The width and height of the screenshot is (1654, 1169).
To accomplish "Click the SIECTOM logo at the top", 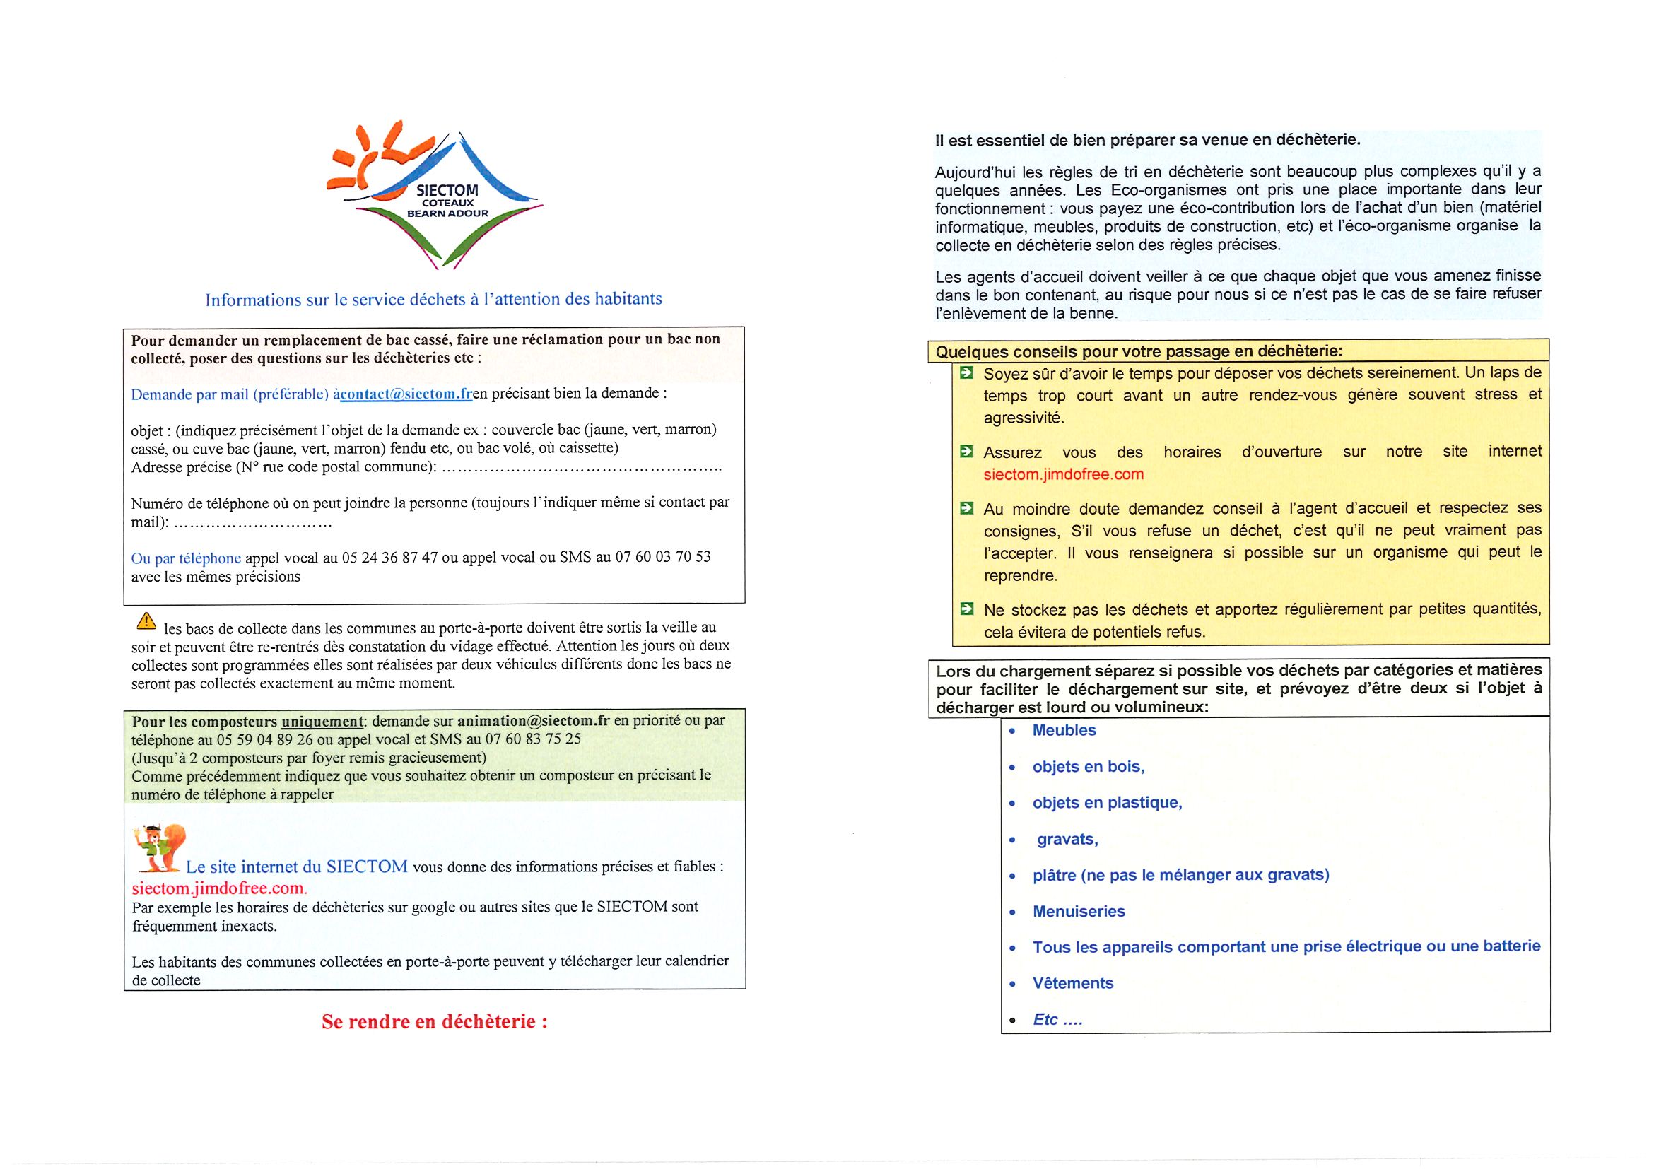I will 435,196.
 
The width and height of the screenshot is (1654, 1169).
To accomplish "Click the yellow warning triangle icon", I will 146,620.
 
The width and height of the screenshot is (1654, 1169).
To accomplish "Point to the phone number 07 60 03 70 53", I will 663,557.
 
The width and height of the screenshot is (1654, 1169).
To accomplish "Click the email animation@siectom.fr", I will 533,721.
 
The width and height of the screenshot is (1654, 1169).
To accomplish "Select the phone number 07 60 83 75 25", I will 533,739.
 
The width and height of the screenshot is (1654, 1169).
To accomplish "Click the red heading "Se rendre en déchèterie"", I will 435,1021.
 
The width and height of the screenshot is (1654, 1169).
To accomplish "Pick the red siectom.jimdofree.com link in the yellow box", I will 1063,475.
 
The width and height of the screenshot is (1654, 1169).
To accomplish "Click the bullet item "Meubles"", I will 1064,730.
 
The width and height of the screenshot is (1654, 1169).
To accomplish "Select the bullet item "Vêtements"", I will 1073,983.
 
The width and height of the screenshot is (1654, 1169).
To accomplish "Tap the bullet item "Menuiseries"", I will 1079,911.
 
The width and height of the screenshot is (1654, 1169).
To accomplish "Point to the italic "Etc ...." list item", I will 1057,1019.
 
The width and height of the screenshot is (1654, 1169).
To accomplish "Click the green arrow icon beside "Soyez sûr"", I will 966,373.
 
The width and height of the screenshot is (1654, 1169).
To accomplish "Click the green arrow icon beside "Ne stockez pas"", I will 966,609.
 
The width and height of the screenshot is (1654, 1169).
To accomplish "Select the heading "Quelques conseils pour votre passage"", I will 1138,352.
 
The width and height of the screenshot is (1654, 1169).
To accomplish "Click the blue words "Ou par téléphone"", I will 186,558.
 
